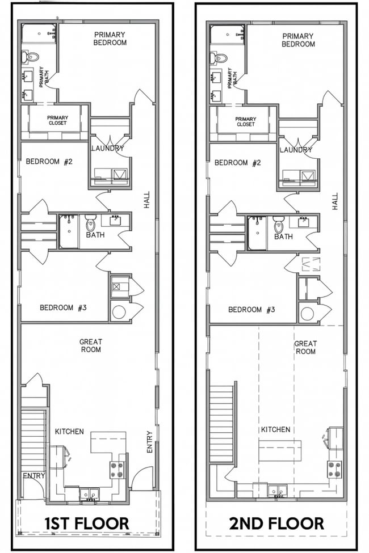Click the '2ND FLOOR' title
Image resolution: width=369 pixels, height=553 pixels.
[276, 522]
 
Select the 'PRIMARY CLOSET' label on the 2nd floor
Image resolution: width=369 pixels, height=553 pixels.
[245, 121]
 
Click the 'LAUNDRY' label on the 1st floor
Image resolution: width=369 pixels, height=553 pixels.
[107, 149]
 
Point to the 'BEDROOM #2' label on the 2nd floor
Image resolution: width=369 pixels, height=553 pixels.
[238, 163]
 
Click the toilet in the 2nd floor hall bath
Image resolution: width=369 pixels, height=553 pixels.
[278, 225]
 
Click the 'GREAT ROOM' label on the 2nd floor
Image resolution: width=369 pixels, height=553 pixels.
[305, 348]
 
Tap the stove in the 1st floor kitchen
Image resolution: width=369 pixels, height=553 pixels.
[117, 468]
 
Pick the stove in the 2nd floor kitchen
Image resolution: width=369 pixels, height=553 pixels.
[334, 468]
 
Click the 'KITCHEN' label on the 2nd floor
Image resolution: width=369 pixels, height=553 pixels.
[275, 430]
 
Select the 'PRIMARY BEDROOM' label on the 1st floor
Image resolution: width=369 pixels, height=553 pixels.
[110, 39]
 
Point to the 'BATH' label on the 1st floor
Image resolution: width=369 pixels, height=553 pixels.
[95, 234]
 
